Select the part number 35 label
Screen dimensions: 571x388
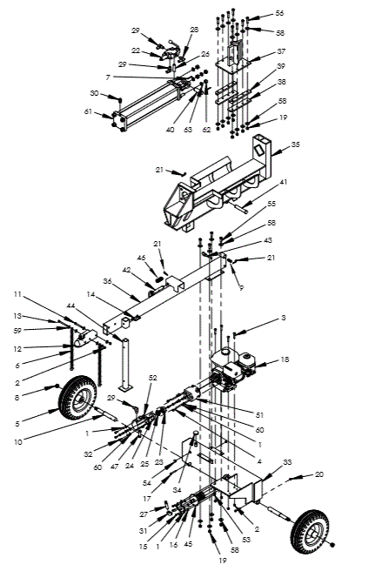[x=295, y=145]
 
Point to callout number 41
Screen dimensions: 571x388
[x=282, y=183]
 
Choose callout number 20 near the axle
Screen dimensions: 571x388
[x=318, y=476]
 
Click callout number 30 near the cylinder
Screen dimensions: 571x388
[x=95, y=93]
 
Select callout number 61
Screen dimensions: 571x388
[x=89, y=111]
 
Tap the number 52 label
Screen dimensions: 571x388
[x=153, y=377]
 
